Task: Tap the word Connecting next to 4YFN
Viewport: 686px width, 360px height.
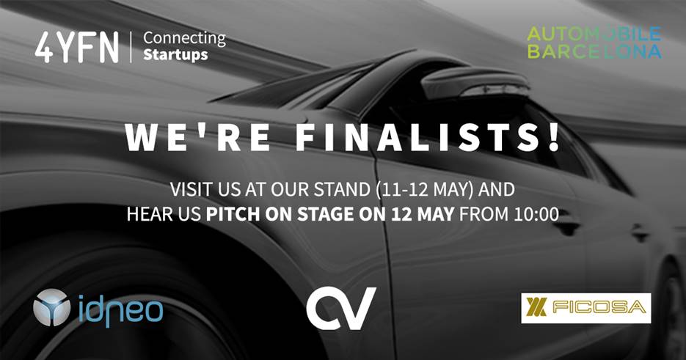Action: click(x=184, y=37)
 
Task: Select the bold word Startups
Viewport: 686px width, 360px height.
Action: click(x=175, y=55)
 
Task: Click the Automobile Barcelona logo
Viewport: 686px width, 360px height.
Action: click(x=594, y=43)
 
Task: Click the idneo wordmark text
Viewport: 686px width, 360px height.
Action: click(x=117, y=308)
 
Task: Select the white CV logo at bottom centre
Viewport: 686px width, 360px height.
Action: click(x=341, y=308)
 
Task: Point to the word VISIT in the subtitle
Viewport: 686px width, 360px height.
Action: click(x=193, y=190)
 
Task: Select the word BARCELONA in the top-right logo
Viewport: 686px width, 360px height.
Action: click(x=594, y=51)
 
